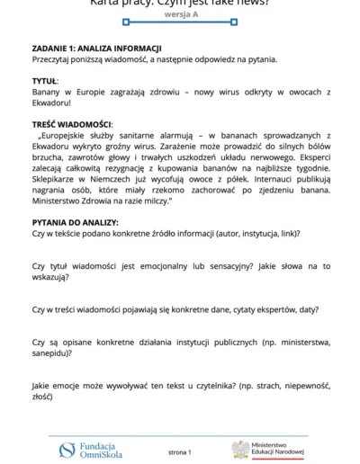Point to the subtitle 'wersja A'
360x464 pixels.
180,16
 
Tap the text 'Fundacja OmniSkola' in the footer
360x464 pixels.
98,450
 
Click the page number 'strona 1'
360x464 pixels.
180,451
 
